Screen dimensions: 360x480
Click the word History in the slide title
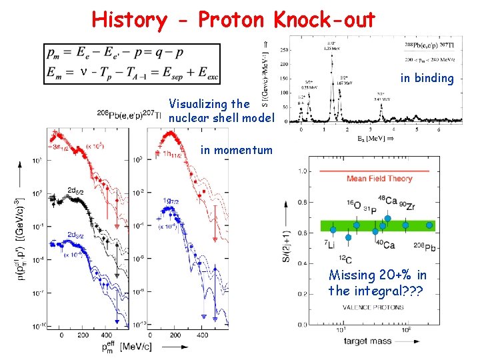129,19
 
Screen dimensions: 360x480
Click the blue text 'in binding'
427,79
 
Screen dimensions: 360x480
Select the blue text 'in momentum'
236,150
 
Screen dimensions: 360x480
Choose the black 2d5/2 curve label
73,190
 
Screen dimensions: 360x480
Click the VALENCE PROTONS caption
367,307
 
